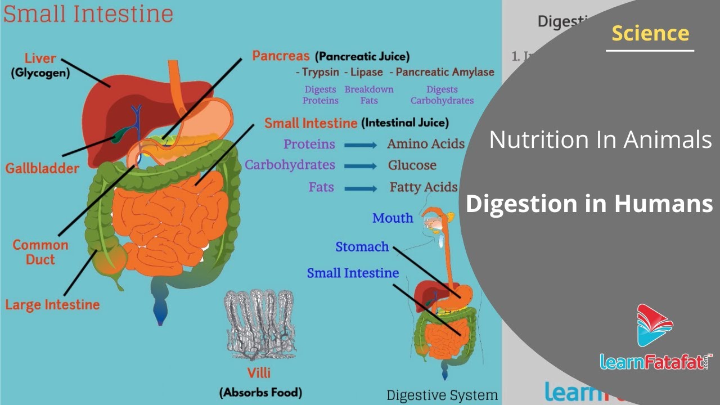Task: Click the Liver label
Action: [x=40, y=58]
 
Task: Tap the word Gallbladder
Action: [x=42, y=168]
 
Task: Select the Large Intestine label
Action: [x=52, y=305]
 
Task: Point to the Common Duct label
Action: [x=40, y=252]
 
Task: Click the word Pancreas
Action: [x=281, y=56]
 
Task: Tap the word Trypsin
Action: [x=320, y=72]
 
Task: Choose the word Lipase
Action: [x=366, y=72]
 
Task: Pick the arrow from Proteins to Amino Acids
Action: [x=361, y=145]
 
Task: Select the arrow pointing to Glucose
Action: [x=361, y=166]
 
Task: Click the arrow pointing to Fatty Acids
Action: [x=361, y=188]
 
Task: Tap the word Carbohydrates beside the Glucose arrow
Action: [x=290, y=165]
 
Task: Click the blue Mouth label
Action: [x=393, y=218]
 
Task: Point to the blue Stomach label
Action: [x=362, y=247]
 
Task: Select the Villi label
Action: [x=260, y=372]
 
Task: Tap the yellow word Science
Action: [x=650, y=34]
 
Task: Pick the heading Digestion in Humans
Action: [x=589, y=204]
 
